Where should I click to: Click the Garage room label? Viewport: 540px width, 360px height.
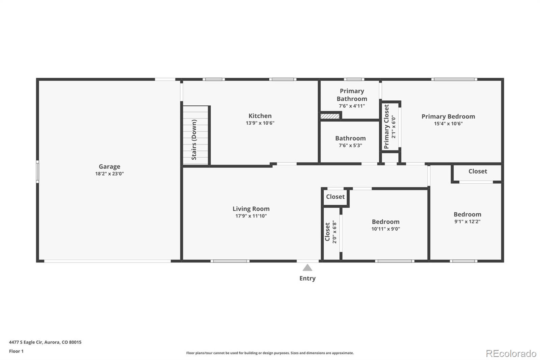coord(109,166)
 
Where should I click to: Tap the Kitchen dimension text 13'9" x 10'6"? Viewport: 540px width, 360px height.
coord(260,123)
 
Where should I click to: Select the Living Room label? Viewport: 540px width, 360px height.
coord(251,209)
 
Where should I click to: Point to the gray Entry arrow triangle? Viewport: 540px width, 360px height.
coord(307,267)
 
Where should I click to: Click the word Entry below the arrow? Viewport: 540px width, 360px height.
coord(307,279)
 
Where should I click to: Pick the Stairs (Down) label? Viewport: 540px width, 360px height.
coord(194,139)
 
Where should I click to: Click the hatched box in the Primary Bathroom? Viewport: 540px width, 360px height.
coord(330,116)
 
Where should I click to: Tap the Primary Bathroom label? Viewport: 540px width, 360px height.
coord(352,95)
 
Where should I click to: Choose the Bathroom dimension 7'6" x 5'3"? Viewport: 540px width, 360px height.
coord(350,146)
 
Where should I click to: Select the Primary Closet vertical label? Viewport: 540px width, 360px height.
coord(386,126)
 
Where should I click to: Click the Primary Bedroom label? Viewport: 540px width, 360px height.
coord(448,117)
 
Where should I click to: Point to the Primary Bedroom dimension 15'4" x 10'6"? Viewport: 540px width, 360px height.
coord(448,124)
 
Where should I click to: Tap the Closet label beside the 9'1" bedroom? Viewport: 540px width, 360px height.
coord(478,171)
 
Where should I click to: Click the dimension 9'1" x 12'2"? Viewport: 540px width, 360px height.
coord(467,222)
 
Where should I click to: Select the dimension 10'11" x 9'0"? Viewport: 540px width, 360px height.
coord(385,229)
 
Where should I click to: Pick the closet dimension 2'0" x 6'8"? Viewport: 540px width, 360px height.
coord(334,232)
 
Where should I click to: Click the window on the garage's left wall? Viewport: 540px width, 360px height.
coord(37,172)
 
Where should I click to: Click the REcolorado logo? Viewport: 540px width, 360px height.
coord(511,354)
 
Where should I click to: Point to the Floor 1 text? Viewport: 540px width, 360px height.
coord(16,351)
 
